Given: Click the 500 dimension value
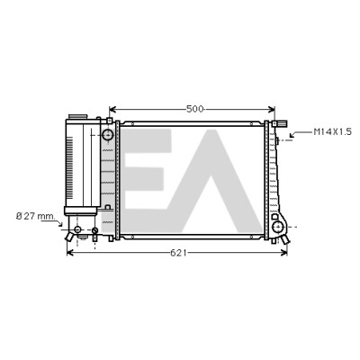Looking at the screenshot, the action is (x=194, y=109).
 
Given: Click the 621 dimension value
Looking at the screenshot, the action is (x=178, y=253).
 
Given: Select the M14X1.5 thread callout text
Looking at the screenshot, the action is (x=332, y=131).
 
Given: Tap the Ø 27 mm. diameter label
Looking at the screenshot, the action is (x=36, y=216).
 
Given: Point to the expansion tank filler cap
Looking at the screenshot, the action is (x=77, y=116).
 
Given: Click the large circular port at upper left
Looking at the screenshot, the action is (x=107, y=135).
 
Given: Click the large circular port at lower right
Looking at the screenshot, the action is (x=278, y=227).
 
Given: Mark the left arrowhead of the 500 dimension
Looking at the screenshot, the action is (x=112, y=109).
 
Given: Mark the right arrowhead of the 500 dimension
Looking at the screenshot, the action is (x=272, y=109).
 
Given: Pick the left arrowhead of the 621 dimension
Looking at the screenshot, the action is (x=70, y=253).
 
